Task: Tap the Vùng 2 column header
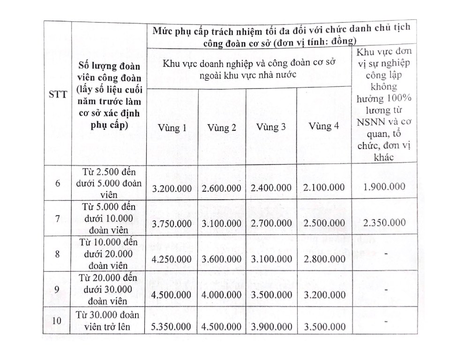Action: pos(222,127)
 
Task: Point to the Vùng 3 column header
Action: pos(271,127)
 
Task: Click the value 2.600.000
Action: pos(222,188)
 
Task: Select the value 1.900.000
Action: pos(384,187)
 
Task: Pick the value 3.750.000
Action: pos(172,224)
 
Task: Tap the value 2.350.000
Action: pos(384,222)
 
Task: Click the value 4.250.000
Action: pos(172,259)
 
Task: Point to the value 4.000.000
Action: pos(222,295)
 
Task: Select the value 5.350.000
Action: pos(172,326)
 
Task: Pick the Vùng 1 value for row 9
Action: pos(172,295)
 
